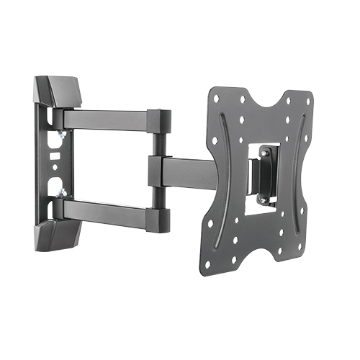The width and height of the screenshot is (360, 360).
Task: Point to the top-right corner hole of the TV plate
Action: point(306,98)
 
